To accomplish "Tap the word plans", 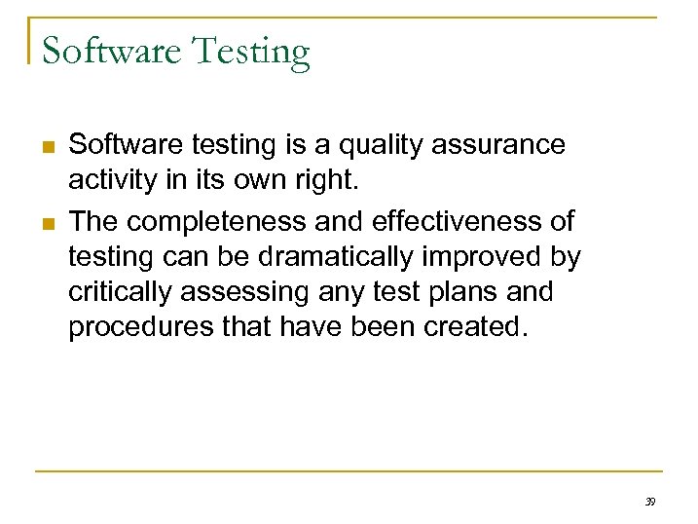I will click(452, 292).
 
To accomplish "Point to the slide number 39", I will click(649, 501).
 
